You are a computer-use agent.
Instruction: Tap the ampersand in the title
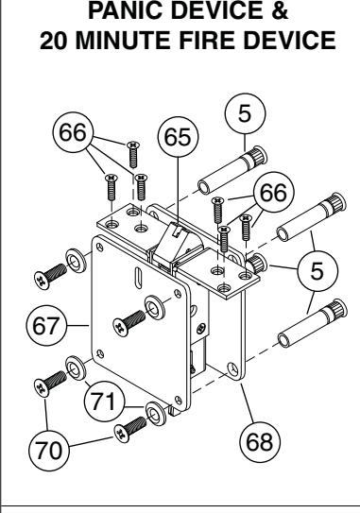[x=280, y=10]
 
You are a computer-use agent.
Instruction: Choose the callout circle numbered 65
[x=178, y=136]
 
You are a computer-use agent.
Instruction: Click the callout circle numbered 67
[x=46, y=326]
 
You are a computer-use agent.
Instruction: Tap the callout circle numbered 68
[x=260, y=442]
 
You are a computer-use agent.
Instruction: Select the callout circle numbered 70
[x=49, y=451]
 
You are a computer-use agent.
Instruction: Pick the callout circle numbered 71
[x=104, y=402]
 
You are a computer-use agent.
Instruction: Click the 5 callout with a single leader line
[x=245, y=113]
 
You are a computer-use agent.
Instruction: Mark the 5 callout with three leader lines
[x=317, y=271]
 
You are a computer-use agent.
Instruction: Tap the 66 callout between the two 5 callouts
[x=274, y=192]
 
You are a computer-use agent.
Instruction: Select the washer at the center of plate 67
[x=155, y=307]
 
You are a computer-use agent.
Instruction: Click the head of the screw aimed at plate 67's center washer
[x=120, y=328]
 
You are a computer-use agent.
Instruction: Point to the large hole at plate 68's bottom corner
[x=233, y=369]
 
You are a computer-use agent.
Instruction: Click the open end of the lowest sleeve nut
[x=284, y=340]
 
